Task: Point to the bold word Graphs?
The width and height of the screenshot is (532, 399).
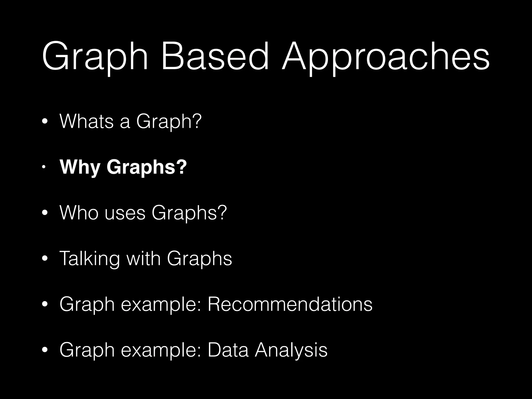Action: coord(147,168)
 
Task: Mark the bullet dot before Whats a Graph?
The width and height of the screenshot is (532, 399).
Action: coord(45,122)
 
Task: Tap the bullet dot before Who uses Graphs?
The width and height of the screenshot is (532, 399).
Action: coord(45,213)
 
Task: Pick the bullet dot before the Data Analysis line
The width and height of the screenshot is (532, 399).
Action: coord(45,350)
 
